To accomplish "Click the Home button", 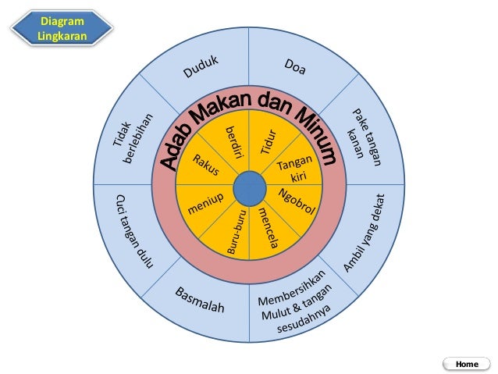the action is coord(466,364).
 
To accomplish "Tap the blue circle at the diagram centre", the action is coord(248,187).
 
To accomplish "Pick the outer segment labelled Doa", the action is coord(295,68).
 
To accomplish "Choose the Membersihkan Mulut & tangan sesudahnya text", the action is coord(296,307).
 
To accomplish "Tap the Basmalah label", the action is coord(200,299).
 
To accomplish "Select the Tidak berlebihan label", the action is coord(133,141).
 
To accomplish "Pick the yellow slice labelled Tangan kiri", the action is coord(294,167).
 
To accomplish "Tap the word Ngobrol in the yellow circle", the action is coord(294,201).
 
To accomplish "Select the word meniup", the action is coord(205,205).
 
